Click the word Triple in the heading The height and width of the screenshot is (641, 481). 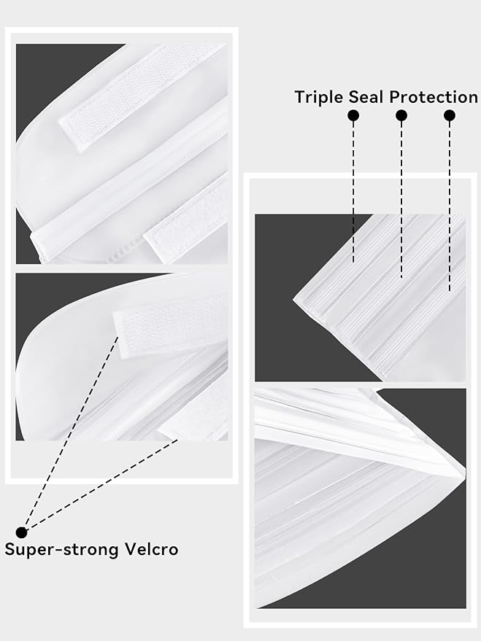click(x=320, y=98)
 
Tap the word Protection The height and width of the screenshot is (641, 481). click(x=433, y=97)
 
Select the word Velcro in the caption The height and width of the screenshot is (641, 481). click(x=151, y=549)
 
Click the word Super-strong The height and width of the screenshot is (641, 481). click(x=62, y=550)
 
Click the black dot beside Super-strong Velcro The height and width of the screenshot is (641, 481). click(x=21, y=532)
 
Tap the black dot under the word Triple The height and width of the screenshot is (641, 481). click(x=353, y=116)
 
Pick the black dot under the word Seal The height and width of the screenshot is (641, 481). click(x=401, y=116)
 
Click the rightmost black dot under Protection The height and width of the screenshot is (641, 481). click(x=450, y=116)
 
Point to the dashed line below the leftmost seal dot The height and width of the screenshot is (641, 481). click(x=353, y=192)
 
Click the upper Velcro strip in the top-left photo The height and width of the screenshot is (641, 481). click(x=143, y=98)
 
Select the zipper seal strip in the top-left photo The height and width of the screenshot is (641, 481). click(x=129, y=180)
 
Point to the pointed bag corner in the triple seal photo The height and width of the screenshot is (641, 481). click(x=293, y=300)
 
